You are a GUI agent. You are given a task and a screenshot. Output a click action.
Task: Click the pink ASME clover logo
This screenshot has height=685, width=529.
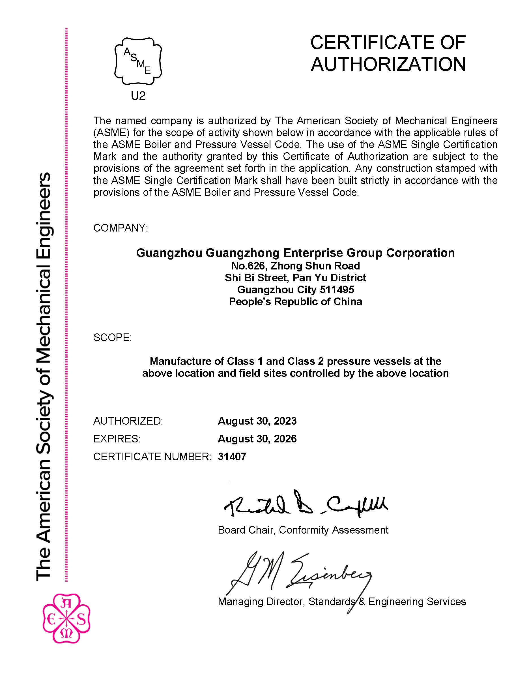pos(66,618)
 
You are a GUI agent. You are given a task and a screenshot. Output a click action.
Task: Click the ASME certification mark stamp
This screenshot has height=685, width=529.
pos(138,61)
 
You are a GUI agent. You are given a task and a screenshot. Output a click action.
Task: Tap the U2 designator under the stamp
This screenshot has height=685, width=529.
pos(138,96)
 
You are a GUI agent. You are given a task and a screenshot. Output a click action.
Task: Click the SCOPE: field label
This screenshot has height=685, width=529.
pos(113,337)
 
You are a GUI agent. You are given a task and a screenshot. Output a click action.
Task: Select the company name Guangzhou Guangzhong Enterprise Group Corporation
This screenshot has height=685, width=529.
pos(295,253)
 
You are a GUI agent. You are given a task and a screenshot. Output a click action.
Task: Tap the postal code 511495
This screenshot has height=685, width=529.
pos(337,290)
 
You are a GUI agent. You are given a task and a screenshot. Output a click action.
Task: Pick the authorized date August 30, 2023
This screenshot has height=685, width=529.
pos(257,421)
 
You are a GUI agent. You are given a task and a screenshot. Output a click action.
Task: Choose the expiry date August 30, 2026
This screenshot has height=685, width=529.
pos(257,439)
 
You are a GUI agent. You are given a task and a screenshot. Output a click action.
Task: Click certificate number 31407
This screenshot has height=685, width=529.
pos(232,457)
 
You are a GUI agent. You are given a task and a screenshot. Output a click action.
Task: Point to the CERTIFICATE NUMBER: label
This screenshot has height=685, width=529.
pos(152,457)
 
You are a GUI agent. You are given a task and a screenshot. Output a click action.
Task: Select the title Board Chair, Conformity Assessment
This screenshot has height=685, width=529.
pos(303,530)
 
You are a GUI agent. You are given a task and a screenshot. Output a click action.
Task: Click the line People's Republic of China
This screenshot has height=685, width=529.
pos(295,301)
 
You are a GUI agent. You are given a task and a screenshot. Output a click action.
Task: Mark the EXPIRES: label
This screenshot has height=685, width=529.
pos(117,439)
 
